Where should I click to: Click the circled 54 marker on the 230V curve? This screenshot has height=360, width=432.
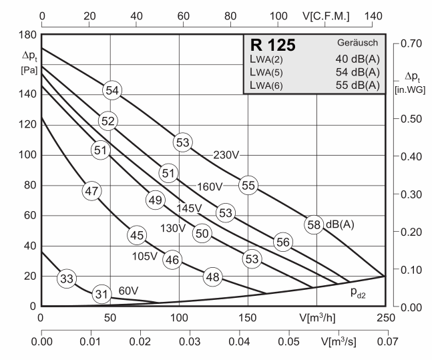[112, 90]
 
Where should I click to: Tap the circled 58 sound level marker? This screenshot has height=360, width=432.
[314, 224]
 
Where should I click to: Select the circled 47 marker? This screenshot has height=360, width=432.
[91, 191]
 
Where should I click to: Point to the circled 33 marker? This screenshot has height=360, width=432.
[65, 279]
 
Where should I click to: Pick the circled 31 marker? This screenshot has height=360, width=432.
[101, 293]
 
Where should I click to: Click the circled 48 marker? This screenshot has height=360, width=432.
[212, 277]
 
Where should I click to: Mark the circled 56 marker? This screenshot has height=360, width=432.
[282, 242]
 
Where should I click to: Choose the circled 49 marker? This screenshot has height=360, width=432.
[156, 200]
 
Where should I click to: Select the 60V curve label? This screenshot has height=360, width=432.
[128, 291]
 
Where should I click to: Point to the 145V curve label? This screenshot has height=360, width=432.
[189, 208]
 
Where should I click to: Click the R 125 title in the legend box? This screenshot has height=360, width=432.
[273, 46]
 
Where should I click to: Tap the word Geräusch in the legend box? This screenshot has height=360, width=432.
[359, 43]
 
